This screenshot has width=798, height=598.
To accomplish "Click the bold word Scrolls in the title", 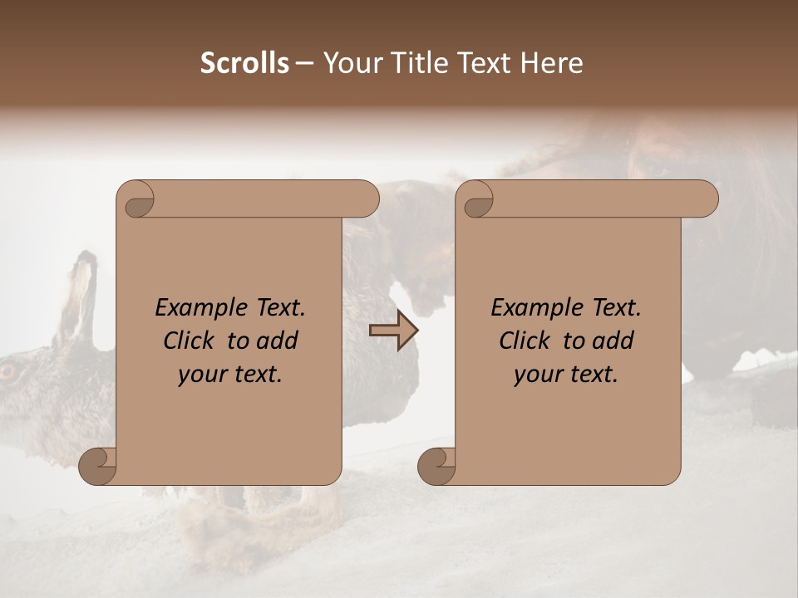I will tap(244, 63).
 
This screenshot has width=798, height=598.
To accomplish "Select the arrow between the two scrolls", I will tap(393, 331).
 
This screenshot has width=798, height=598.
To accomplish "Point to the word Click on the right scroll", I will tap(525, 341).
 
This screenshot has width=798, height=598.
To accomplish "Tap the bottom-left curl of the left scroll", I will tap(98, 465).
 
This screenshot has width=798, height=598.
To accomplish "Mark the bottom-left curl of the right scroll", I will tap(437, 465).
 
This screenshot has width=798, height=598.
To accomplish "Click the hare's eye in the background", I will tap(10, 371).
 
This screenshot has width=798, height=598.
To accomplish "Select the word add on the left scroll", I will tap(278, 341).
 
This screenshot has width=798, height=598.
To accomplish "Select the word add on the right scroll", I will tap(614, 341).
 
